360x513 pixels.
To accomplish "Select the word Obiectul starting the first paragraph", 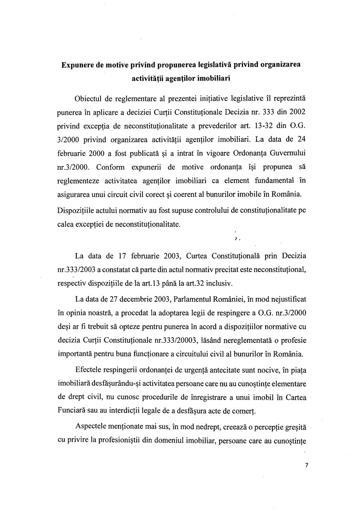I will [x=90, y=98].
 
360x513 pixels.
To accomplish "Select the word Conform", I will [x=110, y=167].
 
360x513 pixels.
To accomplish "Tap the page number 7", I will [x=306, y=465].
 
